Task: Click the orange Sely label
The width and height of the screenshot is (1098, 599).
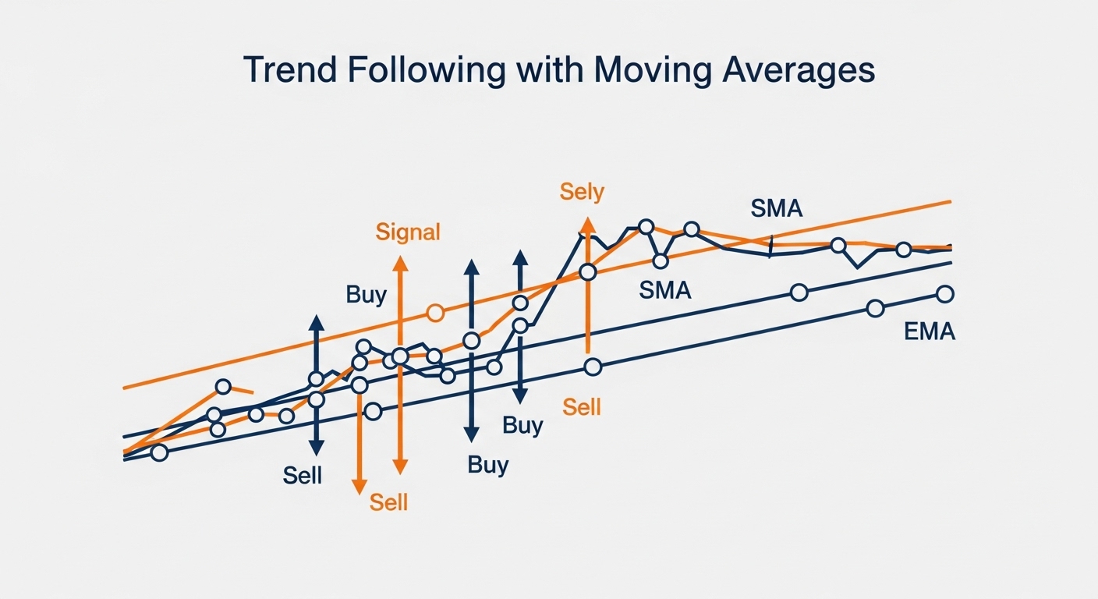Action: coord(582,191)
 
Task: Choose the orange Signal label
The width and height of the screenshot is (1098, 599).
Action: coord(408,232)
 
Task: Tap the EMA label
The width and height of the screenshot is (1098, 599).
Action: coord(930,331)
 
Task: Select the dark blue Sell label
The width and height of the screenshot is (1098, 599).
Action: coord(303,475)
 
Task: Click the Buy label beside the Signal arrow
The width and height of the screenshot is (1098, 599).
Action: coord(366,295)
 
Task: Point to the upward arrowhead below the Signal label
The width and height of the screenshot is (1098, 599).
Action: coord(400,263)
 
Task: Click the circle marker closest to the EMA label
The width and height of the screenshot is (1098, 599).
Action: coord(944,294)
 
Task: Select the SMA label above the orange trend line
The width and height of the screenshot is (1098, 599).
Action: coord(776,208)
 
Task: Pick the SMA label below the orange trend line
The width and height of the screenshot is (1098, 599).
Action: coord(665,290)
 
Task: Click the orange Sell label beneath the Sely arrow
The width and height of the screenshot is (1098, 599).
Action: coord(582,406)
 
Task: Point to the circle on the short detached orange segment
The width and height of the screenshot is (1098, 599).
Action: coord(224,387)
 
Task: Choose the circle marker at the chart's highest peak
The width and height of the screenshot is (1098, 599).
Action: coord(646,226)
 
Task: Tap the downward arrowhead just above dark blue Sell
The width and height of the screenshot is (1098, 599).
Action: coord(316,447)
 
